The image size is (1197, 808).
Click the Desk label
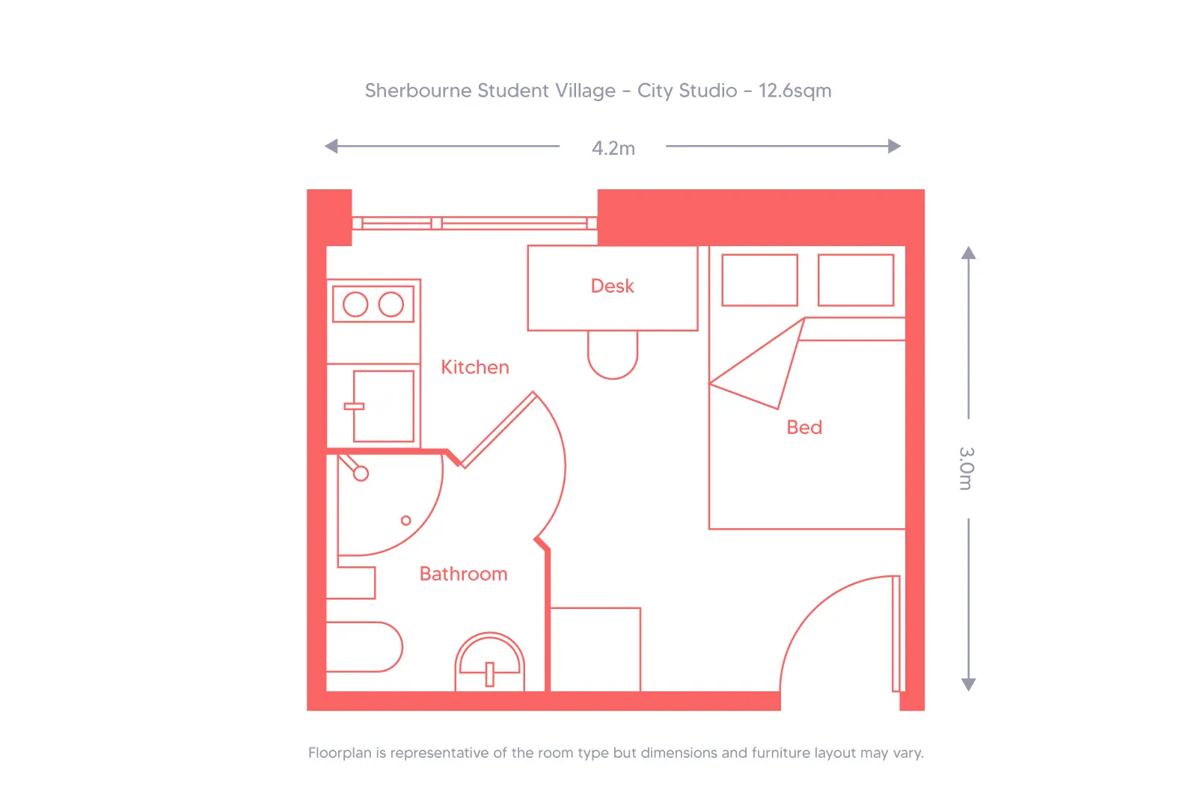click(612, 286)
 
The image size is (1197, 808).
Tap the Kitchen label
click(474, 367)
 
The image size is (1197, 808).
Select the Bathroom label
click(463, 574)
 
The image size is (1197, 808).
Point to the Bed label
click(804, 427)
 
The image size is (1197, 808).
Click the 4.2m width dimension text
click(613, 148)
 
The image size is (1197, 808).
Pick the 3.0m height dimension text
click(967, 468)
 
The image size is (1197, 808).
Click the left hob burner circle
click(355, 304)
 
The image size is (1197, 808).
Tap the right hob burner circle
click(391, 304)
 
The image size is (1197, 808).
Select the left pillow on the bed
click(759, 280)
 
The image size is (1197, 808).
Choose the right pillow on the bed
click(856, 280)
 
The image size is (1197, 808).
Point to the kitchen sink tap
click(354, 406)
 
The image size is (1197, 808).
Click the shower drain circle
click(406, 520)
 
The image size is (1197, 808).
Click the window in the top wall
click(474, 223)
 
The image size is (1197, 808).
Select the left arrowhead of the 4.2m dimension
click(331, 146)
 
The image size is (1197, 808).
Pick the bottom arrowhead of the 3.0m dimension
click(968, 685)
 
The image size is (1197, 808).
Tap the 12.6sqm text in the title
click(795, 91)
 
